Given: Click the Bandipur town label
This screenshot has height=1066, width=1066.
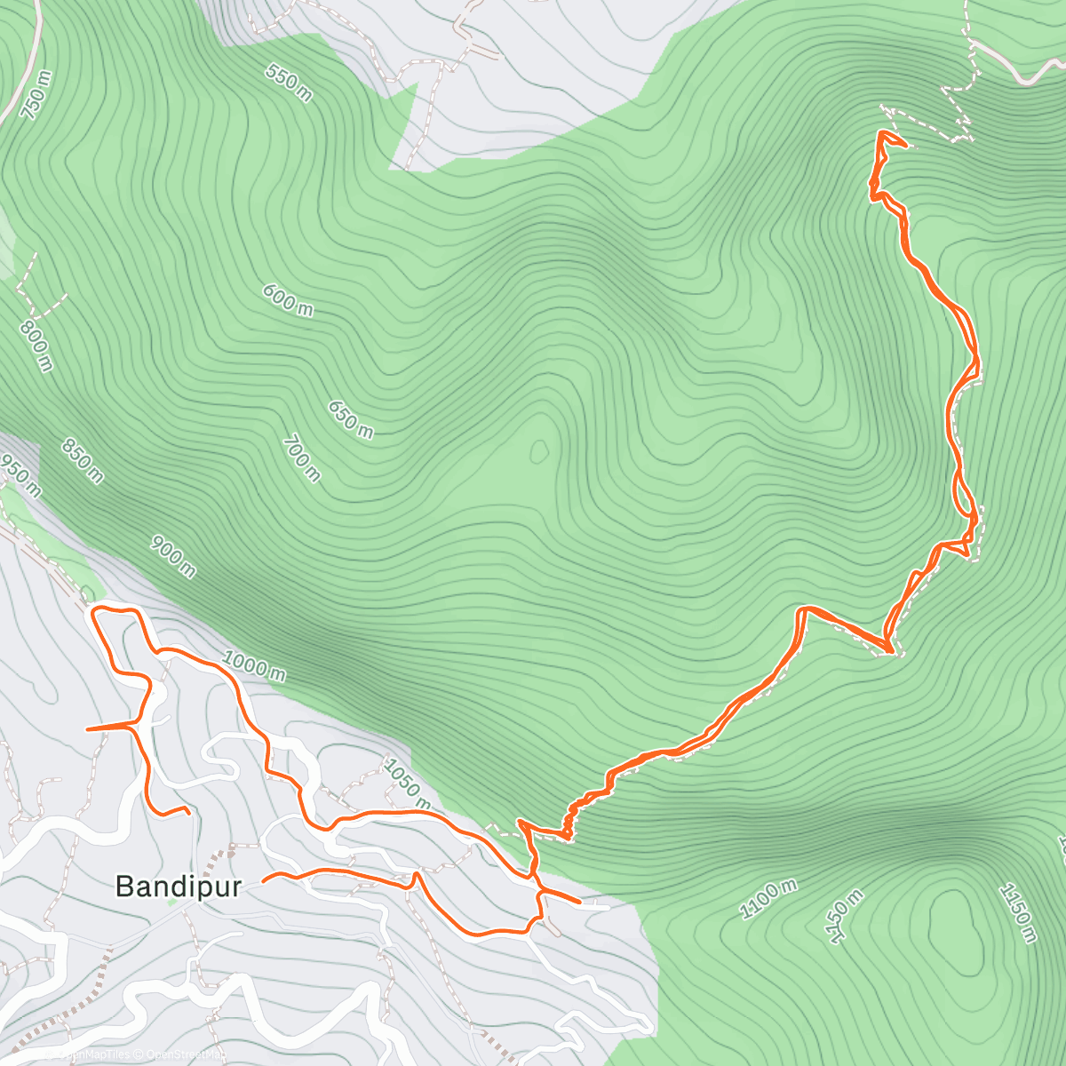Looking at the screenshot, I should click(x=179, y=886).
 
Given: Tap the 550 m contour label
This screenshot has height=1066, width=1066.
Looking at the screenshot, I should click(x=289, y=83).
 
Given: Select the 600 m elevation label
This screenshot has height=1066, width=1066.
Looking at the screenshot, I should click(x=288, y=299).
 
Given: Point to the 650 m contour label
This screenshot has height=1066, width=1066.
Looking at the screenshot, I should click(x=351, y=419).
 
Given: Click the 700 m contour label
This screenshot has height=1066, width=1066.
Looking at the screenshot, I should click(x=302, y=457).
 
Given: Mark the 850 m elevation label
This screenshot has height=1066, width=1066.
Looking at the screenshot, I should click(x=83, y=460).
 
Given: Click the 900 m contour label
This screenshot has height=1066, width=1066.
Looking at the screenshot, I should click(x=173, y=556).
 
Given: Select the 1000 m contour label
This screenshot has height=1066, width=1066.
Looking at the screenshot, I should click(x=254, y=665).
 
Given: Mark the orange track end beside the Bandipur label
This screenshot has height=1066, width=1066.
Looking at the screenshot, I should click(x=264, y=881).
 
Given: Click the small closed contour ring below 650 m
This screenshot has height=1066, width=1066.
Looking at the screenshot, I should click(x=538, y=452).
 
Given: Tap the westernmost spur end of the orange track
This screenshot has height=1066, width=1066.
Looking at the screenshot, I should click(x=86, y=728).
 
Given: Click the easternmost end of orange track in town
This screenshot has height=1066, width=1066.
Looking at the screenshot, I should click(x=580, y=902).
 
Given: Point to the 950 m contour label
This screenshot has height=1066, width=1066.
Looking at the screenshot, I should click(x=20, y=477).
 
